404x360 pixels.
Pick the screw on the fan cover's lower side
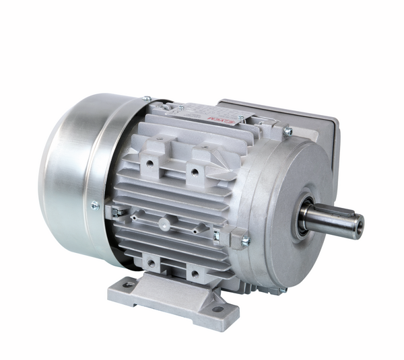point(95,206)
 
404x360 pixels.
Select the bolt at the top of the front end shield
point(288,132)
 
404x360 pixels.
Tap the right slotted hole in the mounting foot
point(217,309)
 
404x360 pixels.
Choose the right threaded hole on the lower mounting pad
point(194,274)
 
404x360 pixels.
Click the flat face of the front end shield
point(283,195)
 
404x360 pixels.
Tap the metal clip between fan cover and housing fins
point(116,212)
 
